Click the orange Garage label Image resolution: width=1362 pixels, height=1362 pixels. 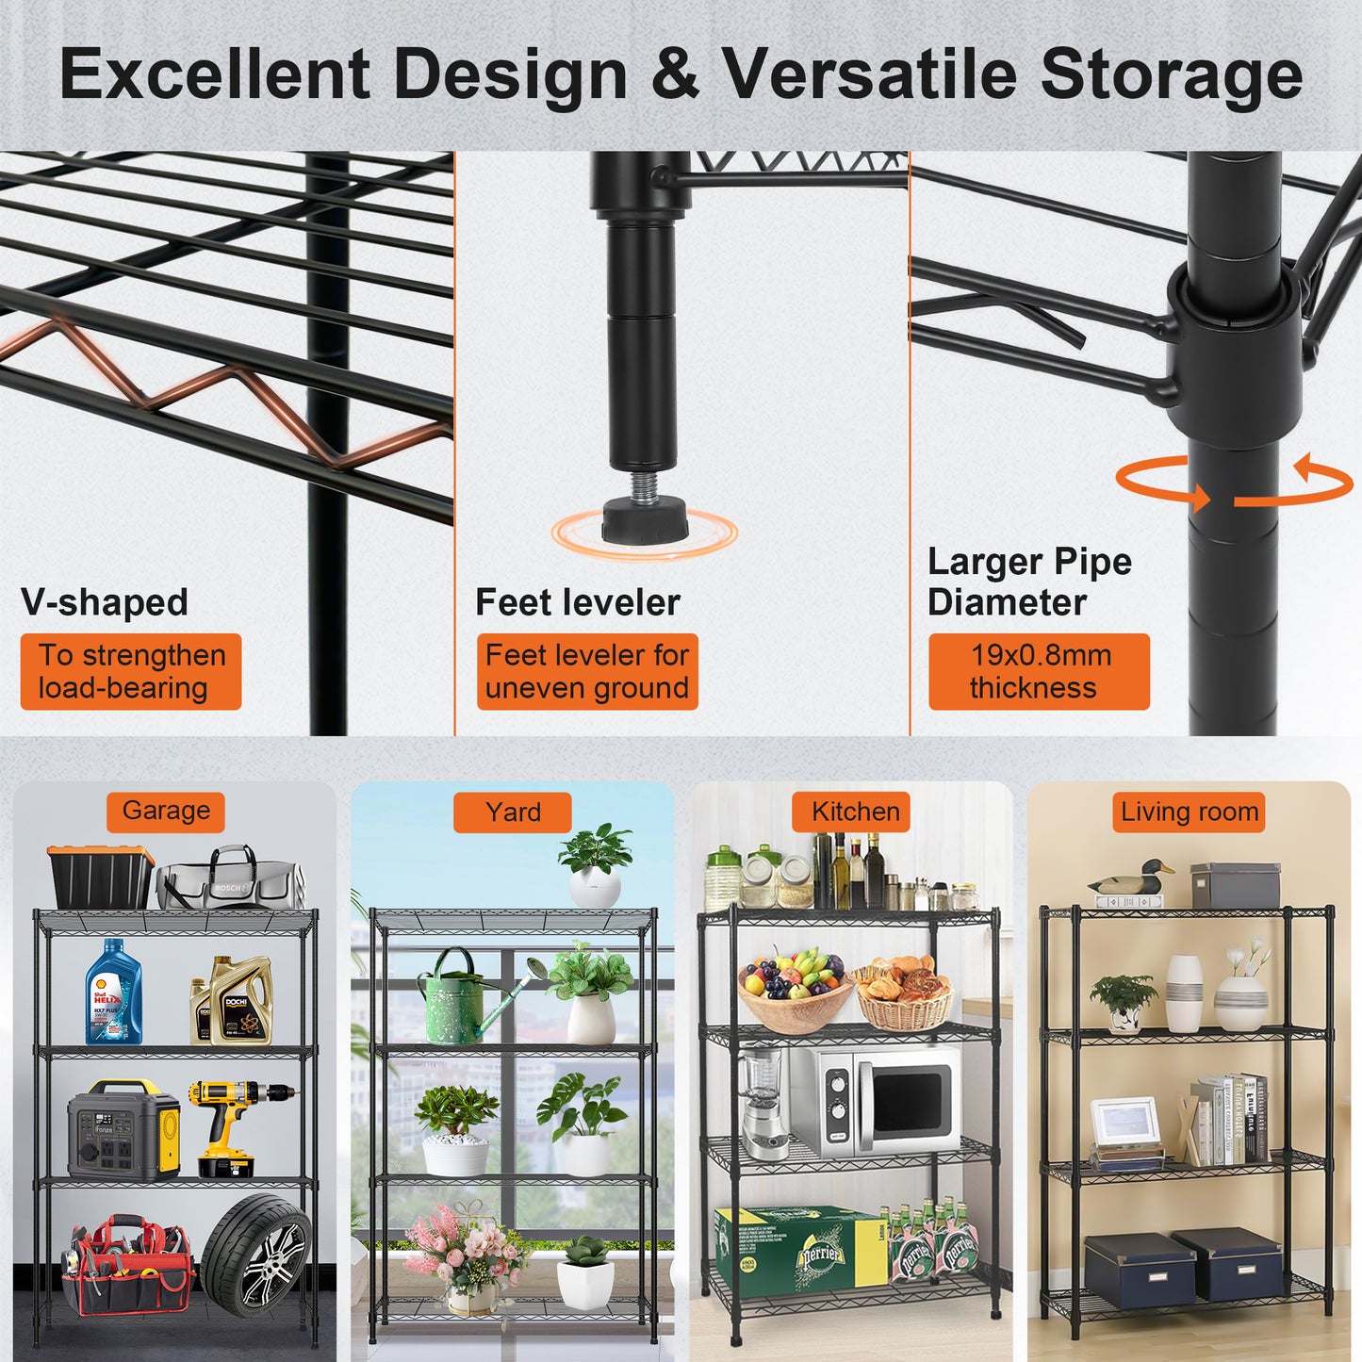pyautogui.click(x=166, y=812)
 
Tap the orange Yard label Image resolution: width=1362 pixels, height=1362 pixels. pyautogui.click(x=513, y=812)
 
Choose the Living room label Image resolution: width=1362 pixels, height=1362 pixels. pyautogui.click(x=1189, y=812)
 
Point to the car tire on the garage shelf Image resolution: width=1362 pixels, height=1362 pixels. pyautogui.click(x=256, y=1255)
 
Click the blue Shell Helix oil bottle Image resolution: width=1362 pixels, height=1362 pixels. pyautogui.click(x=113, y=993)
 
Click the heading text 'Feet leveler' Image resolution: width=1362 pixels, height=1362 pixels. pyautogui.click(x=577, y=602)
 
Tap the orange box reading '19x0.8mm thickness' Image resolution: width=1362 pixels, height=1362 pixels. pyautogui.click(x=1039, y=671)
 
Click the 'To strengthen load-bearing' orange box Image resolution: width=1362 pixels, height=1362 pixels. pyautogui.click(x=131, y=671)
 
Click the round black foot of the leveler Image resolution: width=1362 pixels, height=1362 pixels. pyautogui.click(x=645, y=519)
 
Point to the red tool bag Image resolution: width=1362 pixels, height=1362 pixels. pyautogui.click(x=127, y=1265)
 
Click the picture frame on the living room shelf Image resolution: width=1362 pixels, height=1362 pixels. pyautogui.click(x=1125, y=1126)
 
